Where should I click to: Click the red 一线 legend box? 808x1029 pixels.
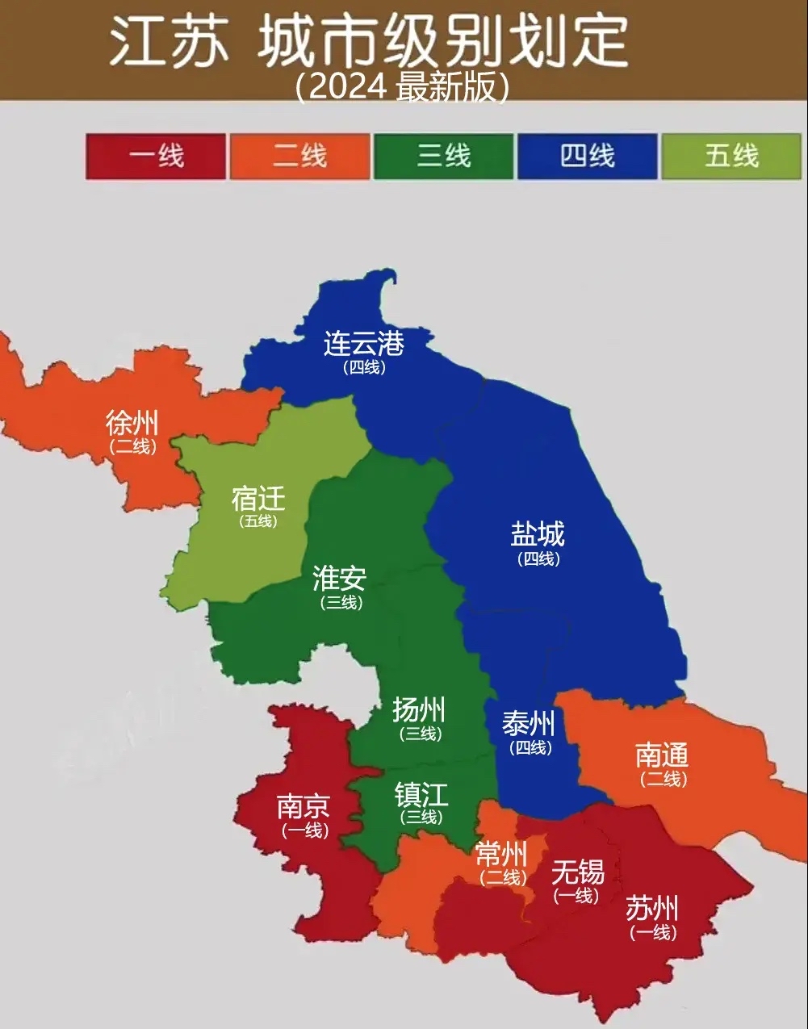[x=156, y=156]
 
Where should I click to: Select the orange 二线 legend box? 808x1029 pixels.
[x=299, y=156]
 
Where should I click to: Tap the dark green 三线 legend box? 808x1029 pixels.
[x=443, y=156]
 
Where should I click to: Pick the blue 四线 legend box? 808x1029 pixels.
[x=587, y=156]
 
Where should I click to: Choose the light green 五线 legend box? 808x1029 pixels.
[x=731, y=156]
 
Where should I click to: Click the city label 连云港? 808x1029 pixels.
[x=364, y=344]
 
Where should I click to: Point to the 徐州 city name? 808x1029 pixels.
[x=132, y=423]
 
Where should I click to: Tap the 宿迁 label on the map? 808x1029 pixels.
[x=258, y=498]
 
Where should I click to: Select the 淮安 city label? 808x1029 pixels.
[x=340, y=578]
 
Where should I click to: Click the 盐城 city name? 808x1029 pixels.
[x=538, y=534]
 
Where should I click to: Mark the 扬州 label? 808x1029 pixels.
[x=419, y=710]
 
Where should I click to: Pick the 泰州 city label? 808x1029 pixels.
[x=530, y=724]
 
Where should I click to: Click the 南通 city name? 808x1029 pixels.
[x=663, y=755]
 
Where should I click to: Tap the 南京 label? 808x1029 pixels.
[x=304, y=806]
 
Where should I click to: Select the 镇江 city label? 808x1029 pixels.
[x=421, y=795]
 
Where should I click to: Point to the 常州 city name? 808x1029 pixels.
[x=501, y=854]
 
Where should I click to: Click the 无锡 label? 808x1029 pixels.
[x=577, y=872]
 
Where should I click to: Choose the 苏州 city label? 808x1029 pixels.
[x=652, y=910]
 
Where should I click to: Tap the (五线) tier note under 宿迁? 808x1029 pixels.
[x=258, y=521]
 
